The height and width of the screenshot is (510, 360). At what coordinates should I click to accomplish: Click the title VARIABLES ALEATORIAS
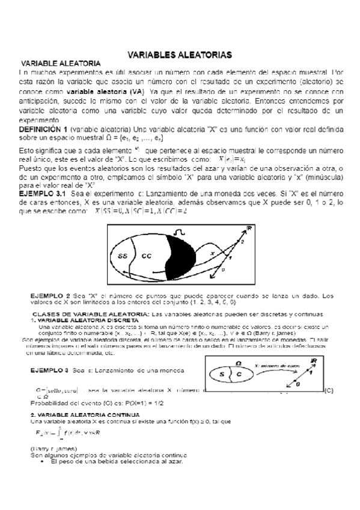tap(180, 55)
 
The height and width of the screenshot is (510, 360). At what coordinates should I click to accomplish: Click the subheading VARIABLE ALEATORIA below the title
tap(61, 63)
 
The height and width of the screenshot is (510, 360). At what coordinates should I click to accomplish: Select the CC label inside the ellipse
tap(147, 255)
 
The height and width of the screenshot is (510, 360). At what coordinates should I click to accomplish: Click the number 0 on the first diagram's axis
tap(240, 271)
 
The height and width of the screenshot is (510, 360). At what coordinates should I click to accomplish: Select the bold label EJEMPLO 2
tap(51, 296)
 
